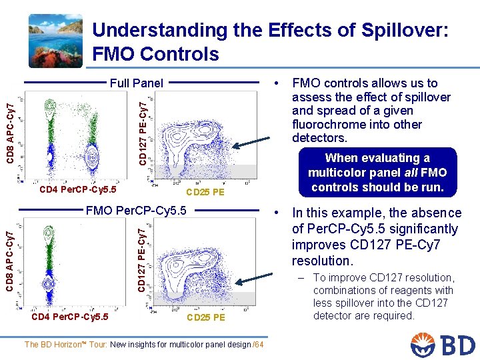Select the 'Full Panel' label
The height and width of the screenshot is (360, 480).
coord(136,83)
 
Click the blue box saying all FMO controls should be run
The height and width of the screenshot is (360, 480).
coord(377,173)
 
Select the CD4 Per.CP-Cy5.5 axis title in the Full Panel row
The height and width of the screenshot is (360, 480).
coord(78,190)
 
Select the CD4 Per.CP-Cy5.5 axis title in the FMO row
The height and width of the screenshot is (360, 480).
coord(70,317)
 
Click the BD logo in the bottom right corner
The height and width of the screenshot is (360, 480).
coord(443,344)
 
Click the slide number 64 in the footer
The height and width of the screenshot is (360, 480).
coord(259,345)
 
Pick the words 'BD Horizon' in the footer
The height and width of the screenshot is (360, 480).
coord(62,345)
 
